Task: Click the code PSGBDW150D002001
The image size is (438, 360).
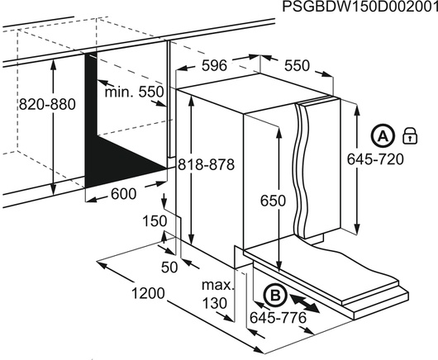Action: coord(360,7)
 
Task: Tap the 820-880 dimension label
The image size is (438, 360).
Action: coord(47,105)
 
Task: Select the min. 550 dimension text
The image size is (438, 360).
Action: coord(134,92)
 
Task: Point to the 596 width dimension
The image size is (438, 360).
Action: coord(215,66)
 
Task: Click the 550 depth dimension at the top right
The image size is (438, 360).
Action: coord(298,66)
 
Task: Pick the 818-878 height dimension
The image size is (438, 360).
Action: coord(206,164)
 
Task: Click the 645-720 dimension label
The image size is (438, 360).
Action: coord(375,159)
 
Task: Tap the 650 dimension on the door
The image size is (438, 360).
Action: coord(273,201)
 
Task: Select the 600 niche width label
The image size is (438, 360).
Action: coord(124,194)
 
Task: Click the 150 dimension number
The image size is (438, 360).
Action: coord(155,221)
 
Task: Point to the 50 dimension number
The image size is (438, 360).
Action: coord(169,268)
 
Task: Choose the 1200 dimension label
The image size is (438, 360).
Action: coord(148,293)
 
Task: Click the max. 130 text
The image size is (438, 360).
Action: coord(217,294)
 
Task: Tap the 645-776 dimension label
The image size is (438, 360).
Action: coord(279,318)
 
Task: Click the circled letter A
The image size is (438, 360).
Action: coord(383,136)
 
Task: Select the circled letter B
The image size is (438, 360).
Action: coord(276,296)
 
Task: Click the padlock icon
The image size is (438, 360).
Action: coord(410,135)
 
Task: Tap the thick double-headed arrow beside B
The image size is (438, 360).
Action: coord(304,303)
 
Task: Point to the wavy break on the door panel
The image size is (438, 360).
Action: coord(301,170)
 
